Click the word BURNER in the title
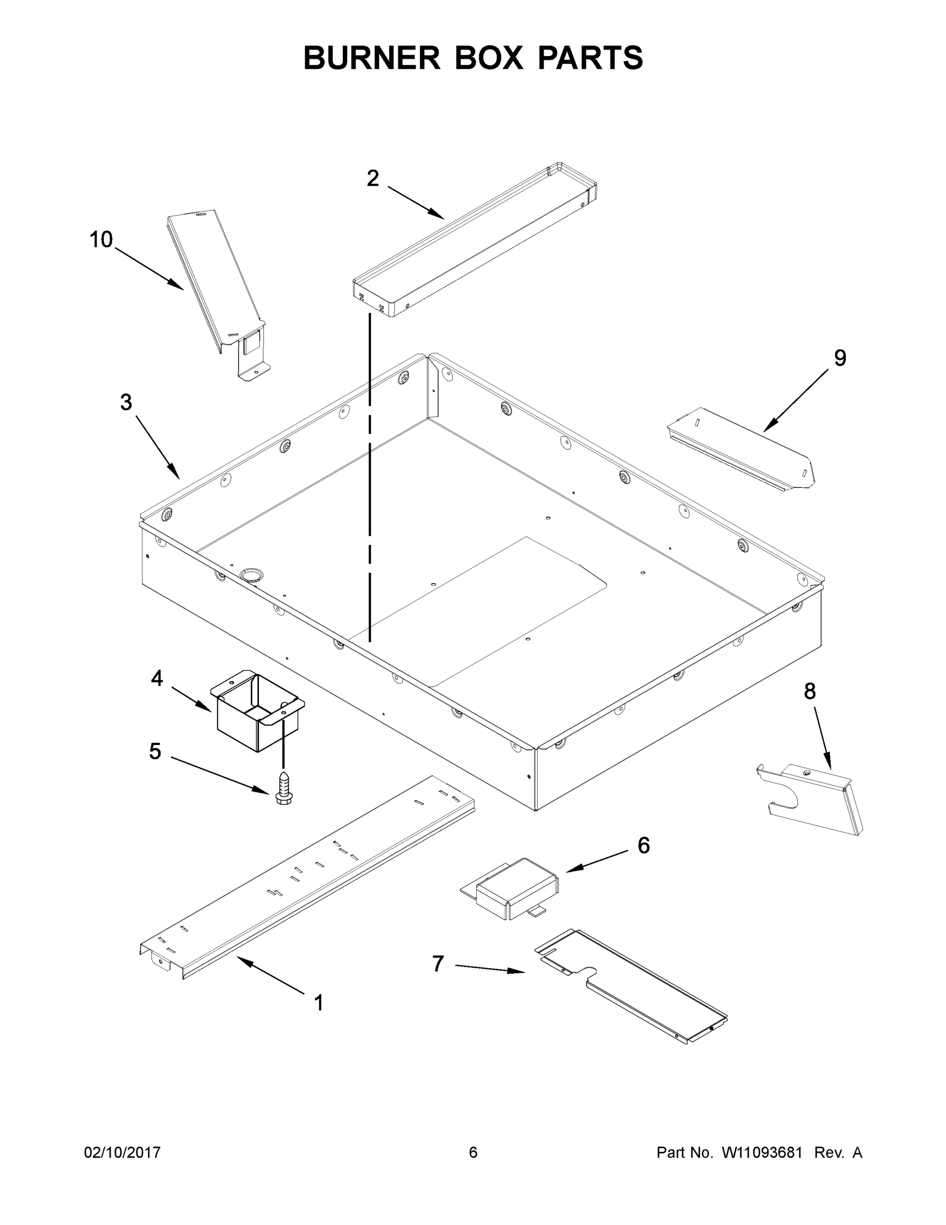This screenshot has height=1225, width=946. coord(372,58)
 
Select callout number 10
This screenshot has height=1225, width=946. coord(101,239)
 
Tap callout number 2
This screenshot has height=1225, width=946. coord(373,178)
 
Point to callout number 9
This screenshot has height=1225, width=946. coord(839,357)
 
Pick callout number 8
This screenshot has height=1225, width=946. coord(809,692)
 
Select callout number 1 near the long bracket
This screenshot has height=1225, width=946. coord(318,1003)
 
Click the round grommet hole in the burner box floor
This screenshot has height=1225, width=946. coord(250,574)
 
